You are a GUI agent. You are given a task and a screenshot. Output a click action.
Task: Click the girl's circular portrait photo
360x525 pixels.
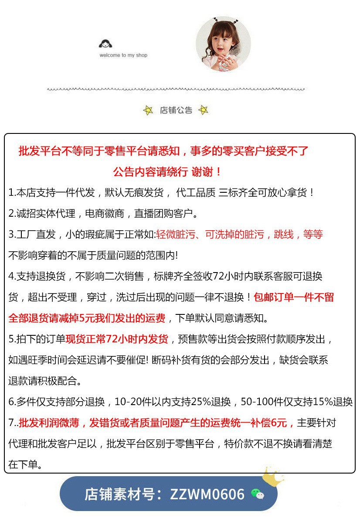point(223,44)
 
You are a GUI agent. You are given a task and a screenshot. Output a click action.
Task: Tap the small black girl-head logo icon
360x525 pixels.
point(105,44)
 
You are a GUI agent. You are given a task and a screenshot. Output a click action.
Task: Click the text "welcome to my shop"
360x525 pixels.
point(123,55)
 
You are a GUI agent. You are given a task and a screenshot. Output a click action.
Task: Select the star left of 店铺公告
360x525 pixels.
point(148,110)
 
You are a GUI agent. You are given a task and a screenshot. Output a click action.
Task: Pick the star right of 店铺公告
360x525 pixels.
point(203,110)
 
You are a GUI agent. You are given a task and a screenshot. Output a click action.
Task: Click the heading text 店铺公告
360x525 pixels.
point(176,110)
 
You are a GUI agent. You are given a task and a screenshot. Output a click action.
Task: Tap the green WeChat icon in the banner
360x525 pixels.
point(258,494)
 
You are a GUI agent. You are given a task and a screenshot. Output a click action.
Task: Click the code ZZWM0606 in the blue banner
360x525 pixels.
point(207,494)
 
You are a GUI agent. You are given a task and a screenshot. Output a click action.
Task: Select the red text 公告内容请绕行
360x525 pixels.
point(150,172)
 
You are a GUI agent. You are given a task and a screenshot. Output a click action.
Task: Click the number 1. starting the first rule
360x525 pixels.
point(12,193)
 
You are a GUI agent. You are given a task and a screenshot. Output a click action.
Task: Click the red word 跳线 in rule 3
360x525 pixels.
point(284,235)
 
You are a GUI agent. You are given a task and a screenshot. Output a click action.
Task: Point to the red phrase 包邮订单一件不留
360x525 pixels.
point(294,297)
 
